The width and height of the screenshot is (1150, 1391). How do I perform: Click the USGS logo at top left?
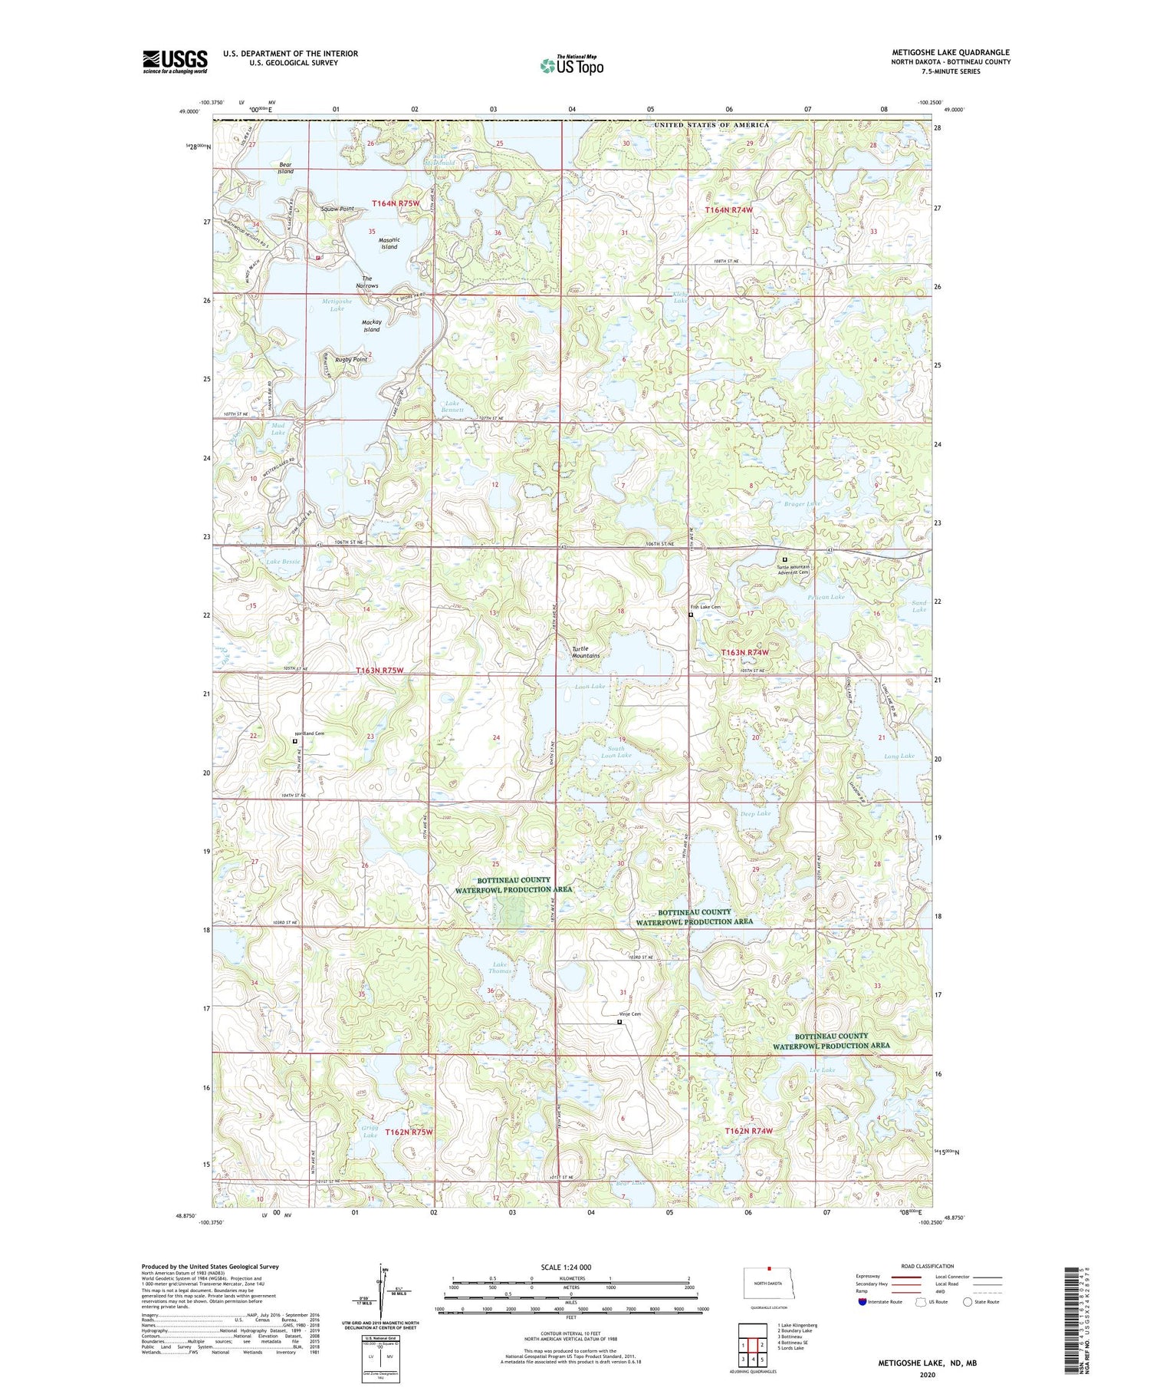point(175,61)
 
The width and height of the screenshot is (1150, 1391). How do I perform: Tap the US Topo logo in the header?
point(571,66)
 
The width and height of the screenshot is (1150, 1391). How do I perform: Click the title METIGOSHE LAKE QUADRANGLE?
point(951,53)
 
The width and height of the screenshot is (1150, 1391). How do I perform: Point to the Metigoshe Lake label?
point(337,305)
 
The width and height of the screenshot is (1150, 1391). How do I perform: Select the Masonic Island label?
point(389,243)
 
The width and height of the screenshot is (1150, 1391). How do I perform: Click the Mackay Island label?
point(371,326)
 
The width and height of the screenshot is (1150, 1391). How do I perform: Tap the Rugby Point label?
point(350,359)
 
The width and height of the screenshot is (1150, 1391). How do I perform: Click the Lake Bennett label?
point(452,407)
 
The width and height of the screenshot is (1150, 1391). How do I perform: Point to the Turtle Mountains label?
point(586,652)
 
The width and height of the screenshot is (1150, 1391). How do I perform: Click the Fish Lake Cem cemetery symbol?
point(691,615)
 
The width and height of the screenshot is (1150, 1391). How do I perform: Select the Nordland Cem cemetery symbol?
point(295,741)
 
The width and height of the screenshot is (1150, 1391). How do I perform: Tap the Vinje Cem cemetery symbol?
point(619,1021)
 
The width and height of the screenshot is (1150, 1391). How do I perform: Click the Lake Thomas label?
point(500,967)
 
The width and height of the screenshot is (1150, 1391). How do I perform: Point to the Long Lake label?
point(899,756)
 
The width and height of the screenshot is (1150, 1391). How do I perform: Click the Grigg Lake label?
point(370,1131)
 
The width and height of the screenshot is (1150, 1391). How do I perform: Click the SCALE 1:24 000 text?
point(566,1267)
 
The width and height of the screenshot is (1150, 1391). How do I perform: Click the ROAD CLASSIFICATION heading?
point(928,1266)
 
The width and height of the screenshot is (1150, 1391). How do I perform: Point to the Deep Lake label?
point(756,813)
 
